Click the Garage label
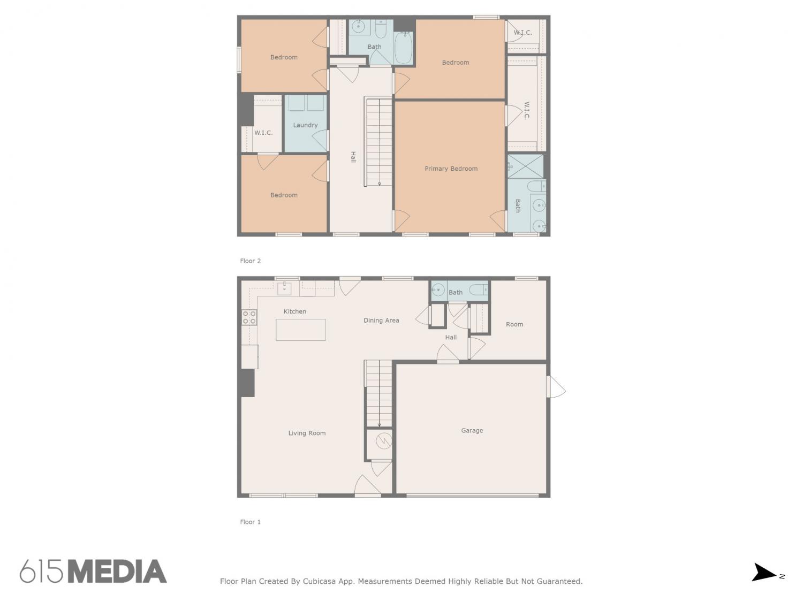tap(472, 431)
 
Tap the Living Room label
tap(307, 433)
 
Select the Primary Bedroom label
tap(451, 169)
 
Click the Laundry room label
tap(305, 125)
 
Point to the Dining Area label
tap(381, 320)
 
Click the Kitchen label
tap(295, 311)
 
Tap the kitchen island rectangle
tap(301, 330)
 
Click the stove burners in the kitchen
tap(249, 317)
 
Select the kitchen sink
tap(284, 288)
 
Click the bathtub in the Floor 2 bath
tap(403, 48)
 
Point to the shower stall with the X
tap(525, 166)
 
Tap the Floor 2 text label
tap(250, 261)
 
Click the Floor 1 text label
tap(250, 522)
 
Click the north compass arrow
tap(763, 572)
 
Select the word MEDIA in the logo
tap(117, 571)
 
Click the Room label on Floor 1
tap(514, 324)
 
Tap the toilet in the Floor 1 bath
tap(478, 290)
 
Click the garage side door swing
tap(556, 387)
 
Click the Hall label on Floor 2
tap(353, 157)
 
